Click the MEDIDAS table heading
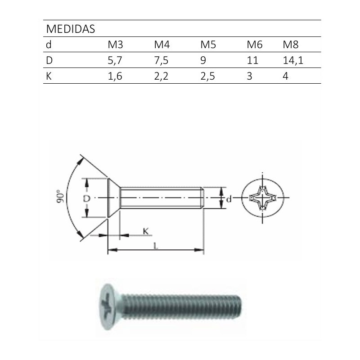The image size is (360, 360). click(70, 29)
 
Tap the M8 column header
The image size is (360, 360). click(291, 45)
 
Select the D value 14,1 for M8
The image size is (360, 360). click(292, 60)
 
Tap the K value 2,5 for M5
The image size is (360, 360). click(207, 76)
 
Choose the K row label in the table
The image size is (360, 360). click(49, 76)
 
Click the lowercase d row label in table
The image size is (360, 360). click(49, 45)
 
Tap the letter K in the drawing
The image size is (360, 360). click(145, 231)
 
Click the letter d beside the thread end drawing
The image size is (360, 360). click(229, 198)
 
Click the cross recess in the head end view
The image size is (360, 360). click(263, 198)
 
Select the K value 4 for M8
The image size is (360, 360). click(285, 76)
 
